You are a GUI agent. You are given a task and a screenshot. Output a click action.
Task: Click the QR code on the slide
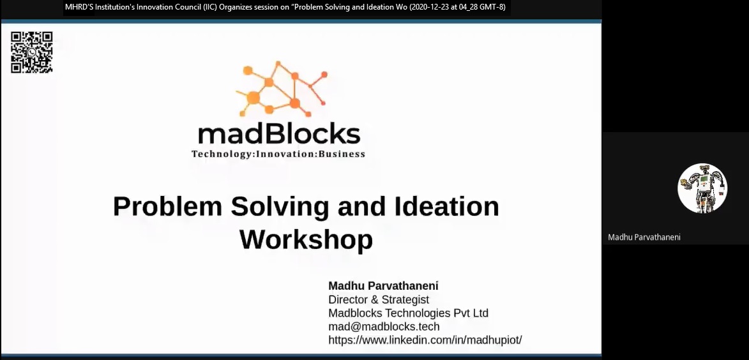tap(31, 52)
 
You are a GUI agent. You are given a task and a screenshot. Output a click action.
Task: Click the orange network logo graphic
tap(282, 89)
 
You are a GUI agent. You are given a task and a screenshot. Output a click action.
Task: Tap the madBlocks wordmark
tap(279, 134)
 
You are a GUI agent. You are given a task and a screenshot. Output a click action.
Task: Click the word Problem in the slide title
tap(168, 206)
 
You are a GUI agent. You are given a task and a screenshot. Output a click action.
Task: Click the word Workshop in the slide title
tap(306, 240)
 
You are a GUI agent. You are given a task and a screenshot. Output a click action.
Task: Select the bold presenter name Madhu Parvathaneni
tap(383, 286)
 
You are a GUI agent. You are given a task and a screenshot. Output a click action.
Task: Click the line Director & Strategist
tap(379, 300)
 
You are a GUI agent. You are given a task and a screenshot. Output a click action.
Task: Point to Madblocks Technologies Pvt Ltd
tap(409, 313)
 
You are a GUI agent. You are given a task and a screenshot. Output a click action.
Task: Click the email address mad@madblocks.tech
tap(384, 327)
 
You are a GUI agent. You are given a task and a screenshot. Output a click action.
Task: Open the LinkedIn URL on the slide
tap(425, 340)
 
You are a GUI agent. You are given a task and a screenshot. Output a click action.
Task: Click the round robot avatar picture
tap(702, 188)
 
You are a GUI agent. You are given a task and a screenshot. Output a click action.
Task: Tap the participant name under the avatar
tap(644, 237)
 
